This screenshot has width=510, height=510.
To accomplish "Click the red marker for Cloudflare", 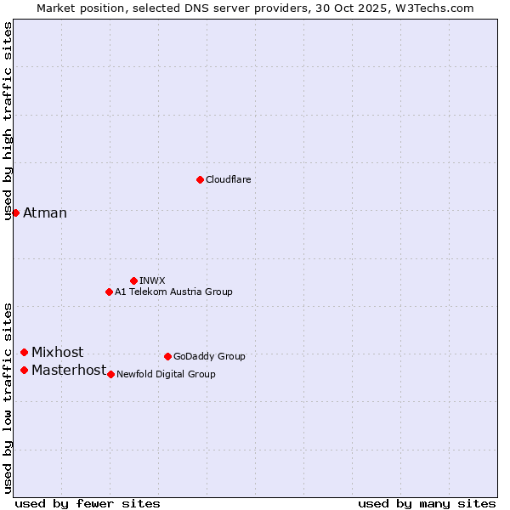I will coord(200,179).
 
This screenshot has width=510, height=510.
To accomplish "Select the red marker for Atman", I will coord(15,212).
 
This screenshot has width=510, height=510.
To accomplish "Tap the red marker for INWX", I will coord(133,280).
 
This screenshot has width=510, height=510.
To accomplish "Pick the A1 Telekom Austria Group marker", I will coord(109,292).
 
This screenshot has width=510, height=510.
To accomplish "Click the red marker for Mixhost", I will coord(24,352).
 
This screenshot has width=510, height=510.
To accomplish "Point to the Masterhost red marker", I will coord(25,370).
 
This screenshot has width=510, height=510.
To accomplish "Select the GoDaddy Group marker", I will coord(167,356).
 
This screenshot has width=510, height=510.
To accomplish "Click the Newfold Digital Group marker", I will coord(110,374).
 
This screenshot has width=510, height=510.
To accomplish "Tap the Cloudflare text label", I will coord(228,179).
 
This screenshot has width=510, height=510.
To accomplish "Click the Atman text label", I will coord(45,212).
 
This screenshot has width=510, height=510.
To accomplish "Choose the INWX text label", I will coord(152,280).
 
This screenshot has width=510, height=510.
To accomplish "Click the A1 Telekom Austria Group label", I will coord(173,292).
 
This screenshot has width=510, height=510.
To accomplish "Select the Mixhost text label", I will coord(58,352).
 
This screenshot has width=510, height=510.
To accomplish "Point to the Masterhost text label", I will coord(69,370).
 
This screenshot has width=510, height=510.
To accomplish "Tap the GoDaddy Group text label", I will coord(209,356).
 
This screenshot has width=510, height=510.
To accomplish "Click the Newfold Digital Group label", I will coord(166,374).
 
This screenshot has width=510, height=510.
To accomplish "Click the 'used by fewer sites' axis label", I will coord(88,503).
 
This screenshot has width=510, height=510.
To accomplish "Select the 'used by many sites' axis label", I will coord(427,503).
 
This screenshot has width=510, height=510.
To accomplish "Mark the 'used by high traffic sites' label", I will coord(8,121).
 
